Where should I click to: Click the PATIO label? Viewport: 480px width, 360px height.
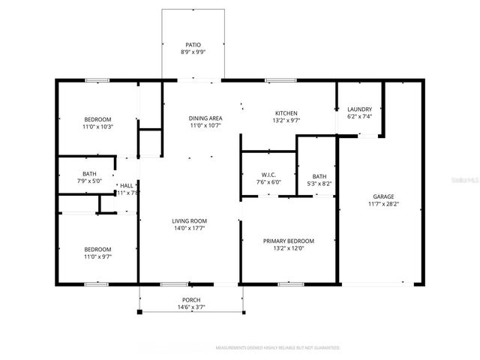pos(193,45)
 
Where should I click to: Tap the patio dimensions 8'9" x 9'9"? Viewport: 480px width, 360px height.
pos(193,53)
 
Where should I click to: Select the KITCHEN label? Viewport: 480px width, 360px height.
pos(286,112)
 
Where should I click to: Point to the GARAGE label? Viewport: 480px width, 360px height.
pos(383,195)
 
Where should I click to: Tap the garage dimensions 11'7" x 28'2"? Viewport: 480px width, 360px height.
pos(383,203)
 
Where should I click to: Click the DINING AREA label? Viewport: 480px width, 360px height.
pos(205,118)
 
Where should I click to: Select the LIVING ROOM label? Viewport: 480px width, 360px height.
pos(189,220)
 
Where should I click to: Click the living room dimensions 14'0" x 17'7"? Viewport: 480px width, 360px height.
pos(189,229)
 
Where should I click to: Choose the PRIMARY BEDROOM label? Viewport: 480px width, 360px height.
pos(288,241)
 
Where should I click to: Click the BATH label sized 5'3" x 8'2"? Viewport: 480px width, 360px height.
pos(319,175)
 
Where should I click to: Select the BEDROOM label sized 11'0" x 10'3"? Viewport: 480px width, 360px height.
pos(97,119)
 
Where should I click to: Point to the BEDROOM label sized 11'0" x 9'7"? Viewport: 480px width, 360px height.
pos(97,249)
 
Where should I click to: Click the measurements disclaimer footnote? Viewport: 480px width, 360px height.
pos(277,348)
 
